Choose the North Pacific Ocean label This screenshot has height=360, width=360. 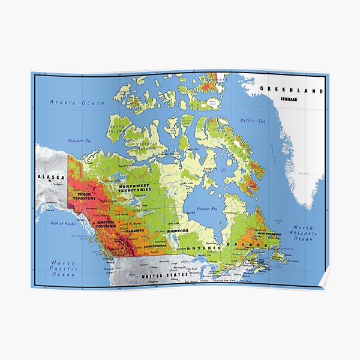[63, 269]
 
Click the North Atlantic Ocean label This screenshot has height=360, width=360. [302, 233]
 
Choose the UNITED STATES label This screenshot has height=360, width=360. [164, 275]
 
